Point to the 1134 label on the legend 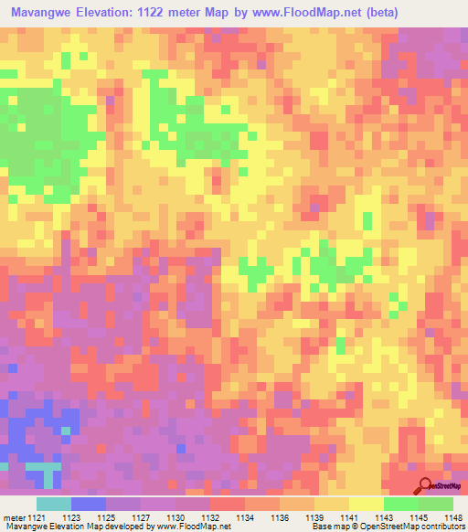(x=243, y=517)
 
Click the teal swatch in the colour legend (x=53, y=504)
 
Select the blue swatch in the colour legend (x=88, y=504)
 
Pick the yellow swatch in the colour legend (x=366, y=504)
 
